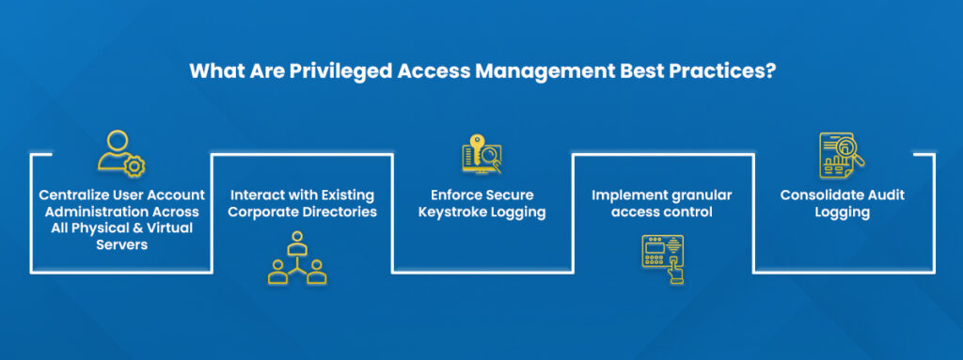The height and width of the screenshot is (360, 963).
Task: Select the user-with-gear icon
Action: click(120, 155)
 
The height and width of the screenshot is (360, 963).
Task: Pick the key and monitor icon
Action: click(481, 154)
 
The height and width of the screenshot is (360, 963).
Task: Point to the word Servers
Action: click(120, 246)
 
